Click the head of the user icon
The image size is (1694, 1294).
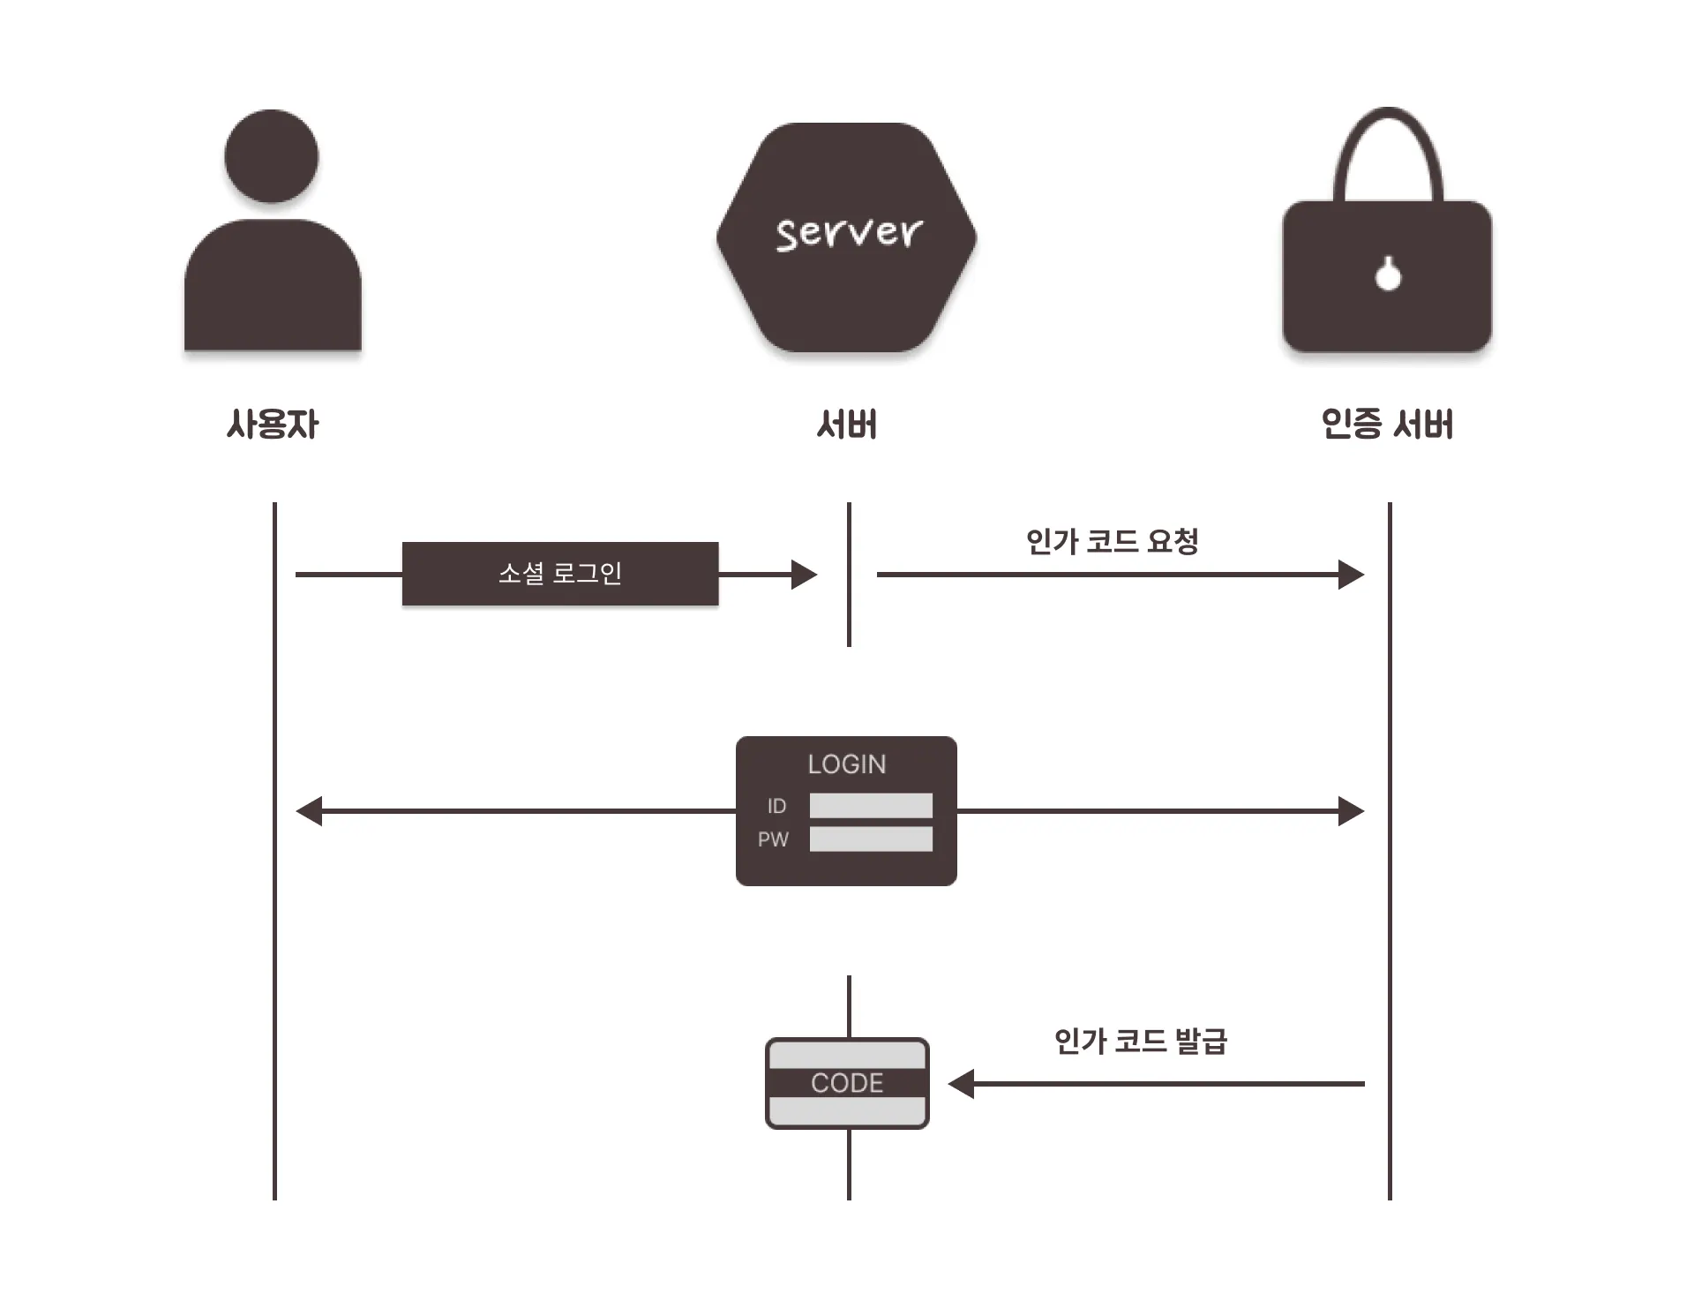272,156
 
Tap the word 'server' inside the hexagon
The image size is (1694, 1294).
848,234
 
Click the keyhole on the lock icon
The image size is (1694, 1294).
1388,275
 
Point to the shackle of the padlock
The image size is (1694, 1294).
1388,150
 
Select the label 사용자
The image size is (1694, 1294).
272,425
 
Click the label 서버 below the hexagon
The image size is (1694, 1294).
847,425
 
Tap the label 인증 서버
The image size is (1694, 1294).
1387,425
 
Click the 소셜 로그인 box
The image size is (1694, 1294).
560,574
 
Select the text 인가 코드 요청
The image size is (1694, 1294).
1112,541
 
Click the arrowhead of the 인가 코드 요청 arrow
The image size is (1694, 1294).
1351,575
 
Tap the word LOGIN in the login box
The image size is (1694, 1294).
847,764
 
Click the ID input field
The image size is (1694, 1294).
871,806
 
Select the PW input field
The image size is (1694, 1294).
871,839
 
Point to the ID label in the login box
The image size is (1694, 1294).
776,806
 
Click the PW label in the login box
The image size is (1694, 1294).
773,839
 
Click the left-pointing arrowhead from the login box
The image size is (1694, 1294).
310,811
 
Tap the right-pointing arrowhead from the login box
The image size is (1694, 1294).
1351,811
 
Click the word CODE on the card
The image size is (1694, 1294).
847,1083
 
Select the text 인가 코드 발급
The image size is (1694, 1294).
1140,1042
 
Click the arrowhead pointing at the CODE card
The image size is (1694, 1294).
962,1083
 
